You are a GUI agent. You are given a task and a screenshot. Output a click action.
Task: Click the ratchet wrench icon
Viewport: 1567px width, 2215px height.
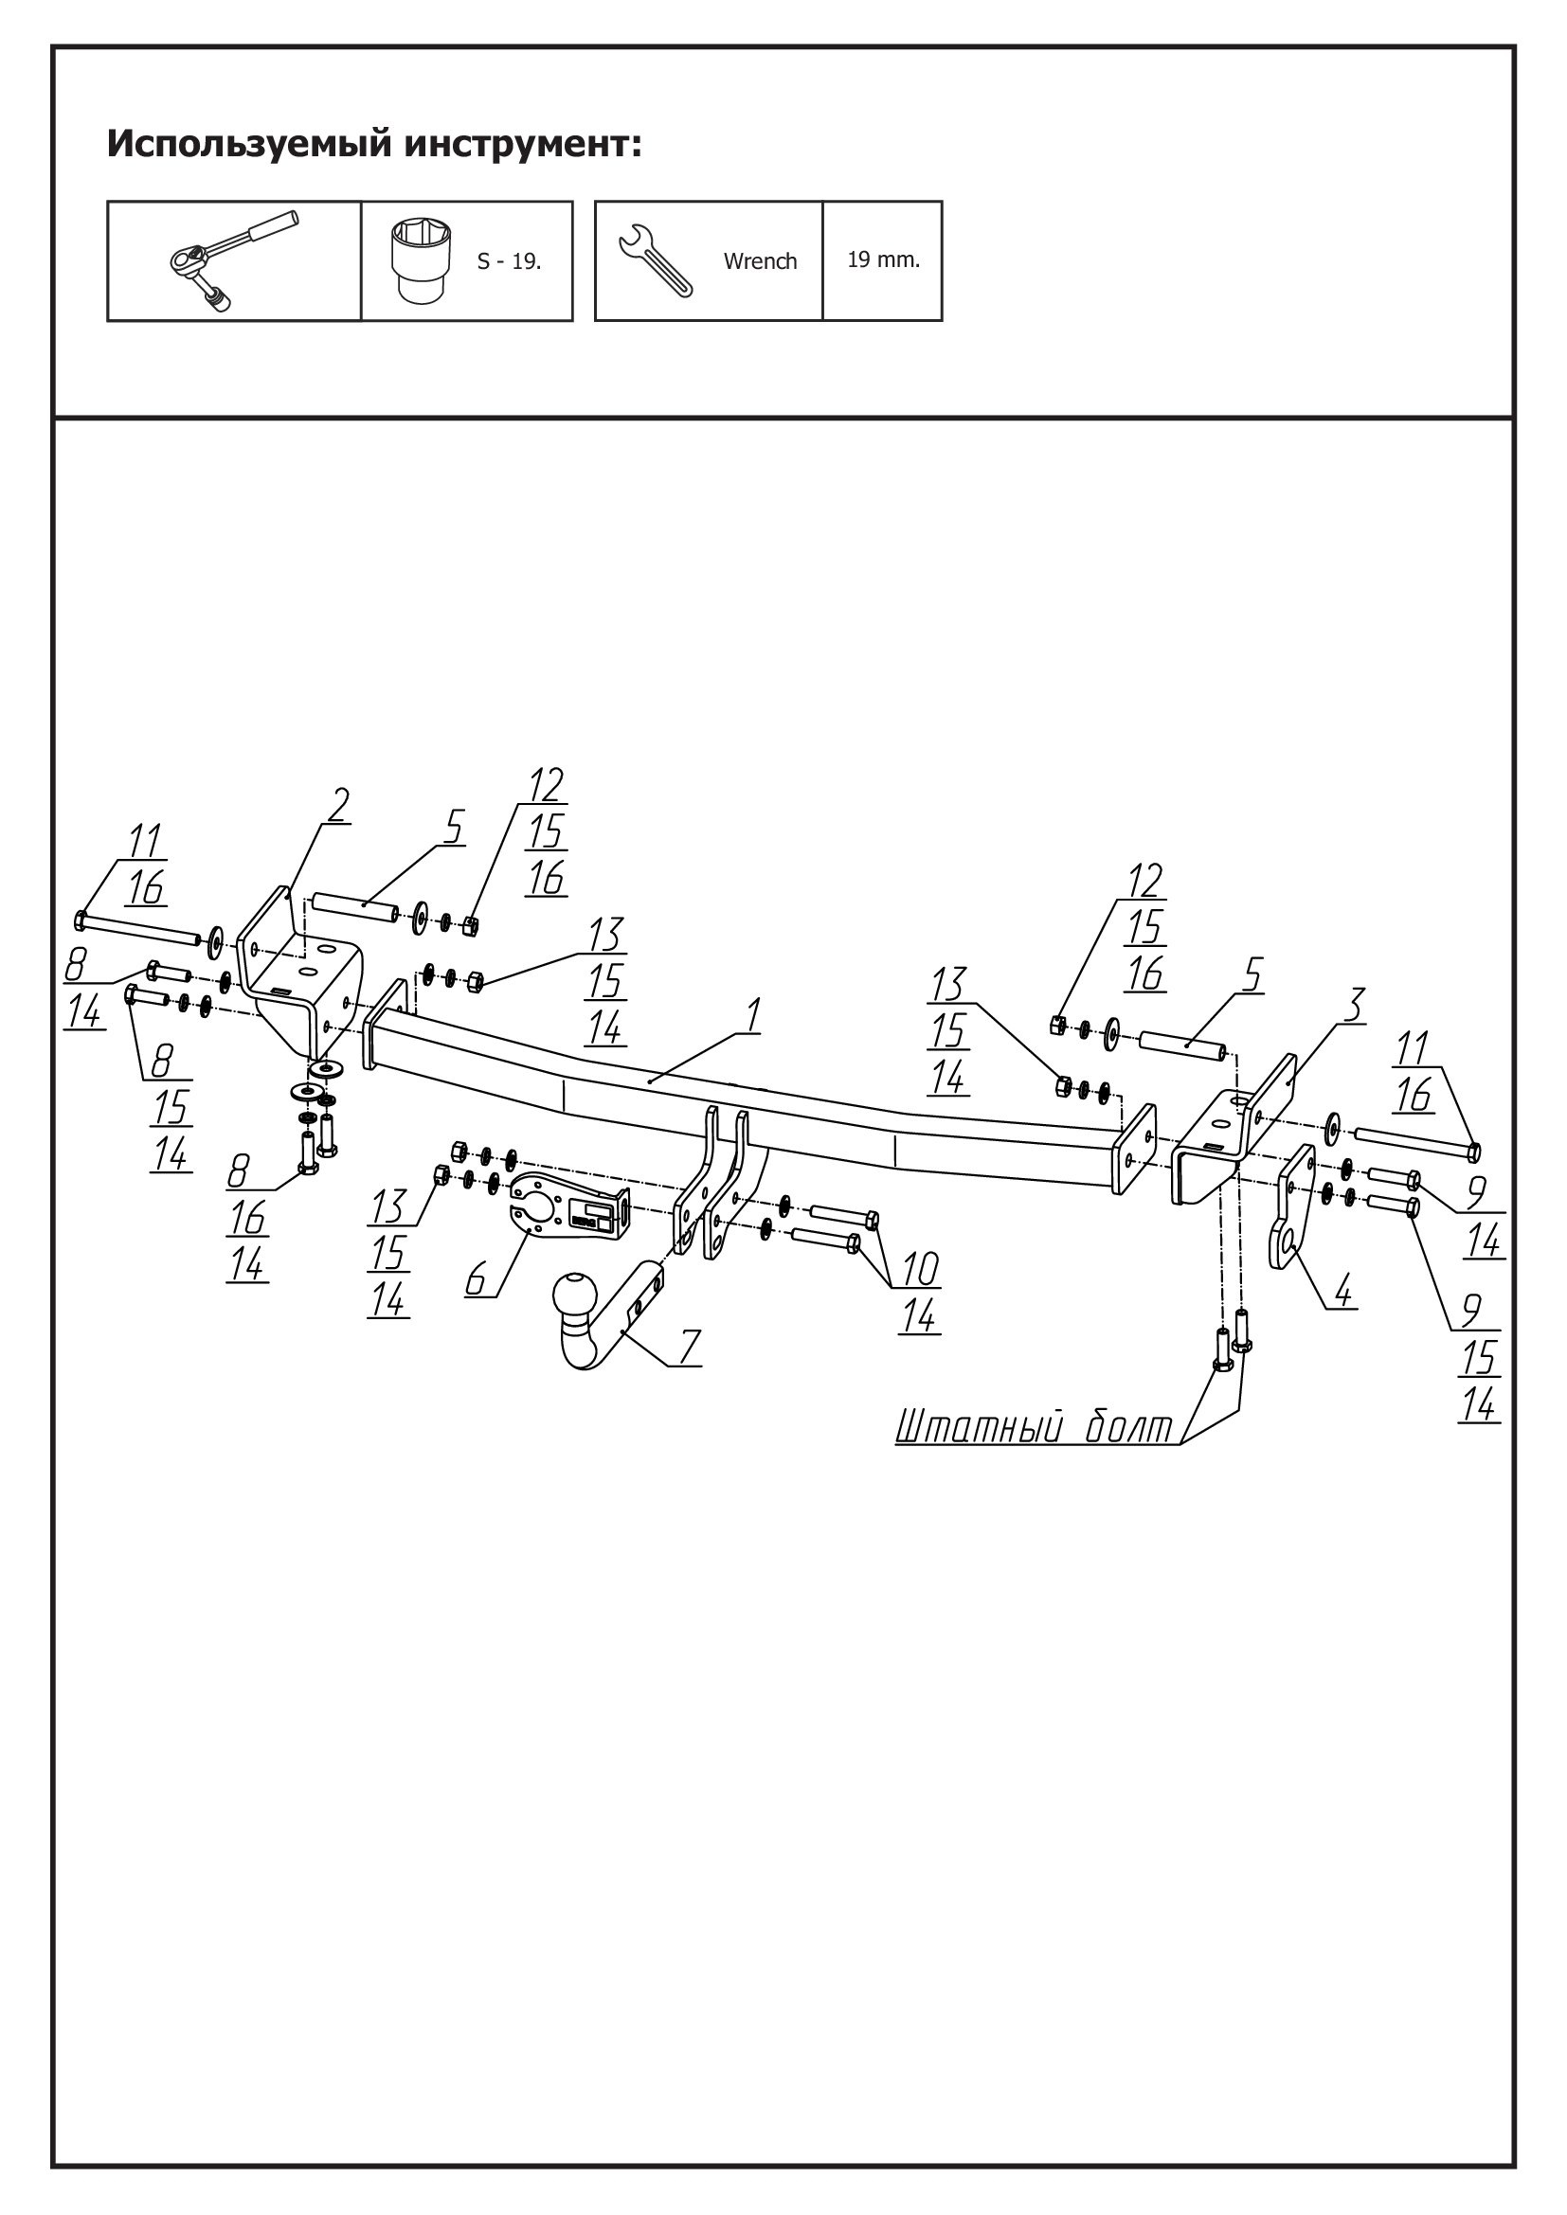pyautogui.click(x=232, y=260)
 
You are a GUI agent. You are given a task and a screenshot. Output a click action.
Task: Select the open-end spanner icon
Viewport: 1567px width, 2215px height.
pyautogui.click(x=656, y=261)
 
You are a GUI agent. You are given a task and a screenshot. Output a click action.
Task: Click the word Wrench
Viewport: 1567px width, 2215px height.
pyautogui.click(x=761, y=261)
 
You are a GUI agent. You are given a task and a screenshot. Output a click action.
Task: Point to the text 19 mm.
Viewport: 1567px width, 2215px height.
pyautogui.click(x=883, y=259)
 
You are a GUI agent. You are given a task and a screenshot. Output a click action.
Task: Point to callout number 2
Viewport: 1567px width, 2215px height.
pyautogui.click(x=336, y=806)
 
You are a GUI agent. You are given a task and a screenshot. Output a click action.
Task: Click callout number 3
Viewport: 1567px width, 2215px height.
pyautogui.click(x=1355, y=1007)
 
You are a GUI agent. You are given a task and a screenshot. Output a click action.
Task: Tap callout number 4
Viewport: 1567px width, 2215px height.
pyautogui.click(x=1344, y=1288)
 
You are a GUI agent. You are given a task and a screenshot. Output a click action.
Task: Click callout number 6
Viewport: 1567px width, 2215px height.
pyautogui.click(x=476, y=1279)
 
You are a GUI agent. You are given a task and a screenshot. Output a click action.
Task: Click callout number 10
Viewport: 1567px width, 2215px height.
pyautogui.click(x=920, y=1269)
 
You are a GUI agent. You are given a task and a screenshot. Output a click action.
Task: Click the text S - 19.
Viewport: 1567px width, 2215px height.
pyautogui.click(x=509, y=261)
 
